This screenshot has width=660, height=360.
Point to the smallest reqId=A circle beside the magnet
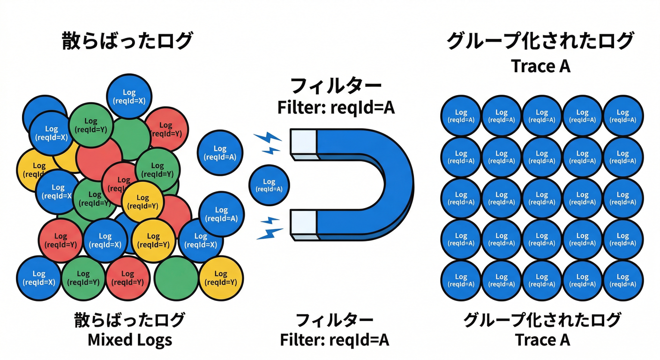(x=269, y=185)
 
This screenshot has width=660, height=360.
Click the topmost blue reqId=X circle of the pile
(x=129, y=96)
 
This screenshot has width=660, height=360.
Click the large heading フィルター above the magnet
(x=336, y=86)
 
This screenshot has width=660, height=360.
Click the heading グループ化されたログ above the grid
(x=540, y=41)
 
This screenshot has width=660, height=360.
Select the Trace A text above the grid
(x=540, y=66)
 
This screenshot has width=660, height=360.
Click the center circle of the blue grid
(x=542, y=198)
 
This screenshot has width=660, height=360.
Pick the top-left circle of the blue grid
(x=461, y=116)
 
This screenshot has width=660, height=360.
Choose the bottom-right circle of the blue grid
(x=623, y=281)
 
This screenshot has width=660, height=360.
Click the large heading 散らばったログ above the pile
(x=127, y=41)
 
